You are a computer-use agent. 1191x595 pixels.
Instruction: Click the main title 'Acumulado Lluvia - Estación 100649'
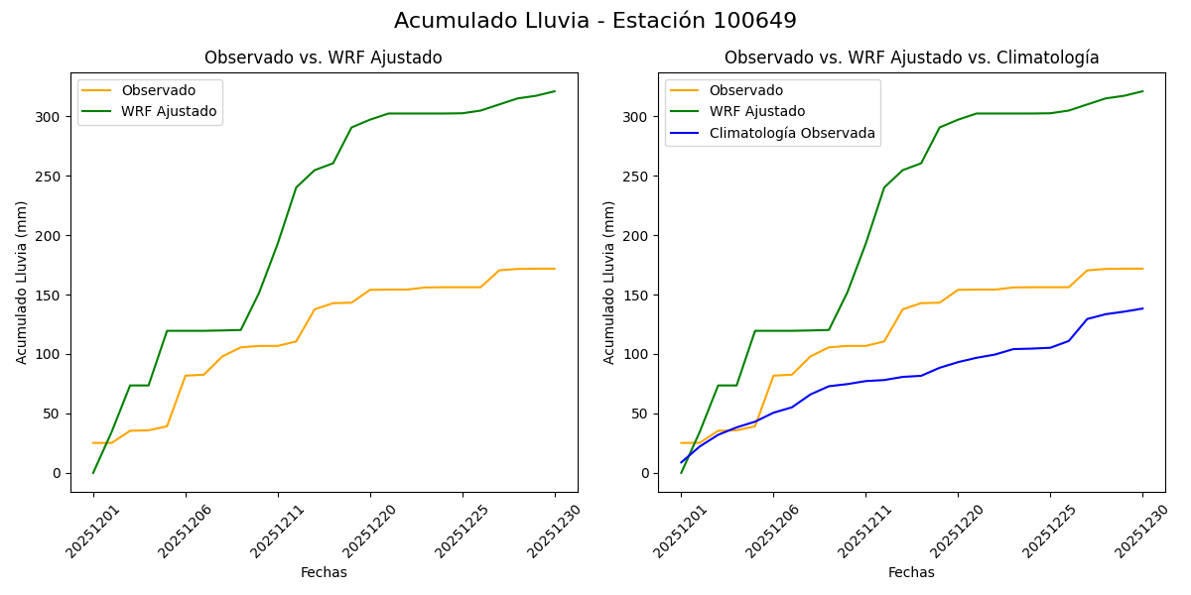click(x=595, y=21)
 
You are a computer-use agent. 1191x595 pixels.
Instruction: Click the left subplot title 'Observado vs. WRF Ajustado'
click(x=323, y=58)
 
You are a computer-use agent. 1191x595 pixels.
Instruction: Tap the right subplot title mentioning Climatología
click(x=911, y=58)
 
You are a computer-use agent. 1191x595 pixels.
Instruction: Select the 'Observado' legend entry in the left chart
click(x=158, y=90)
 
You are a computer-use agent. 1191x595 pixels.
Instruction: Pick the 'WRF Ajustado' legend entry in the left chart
click(x=169, y=111)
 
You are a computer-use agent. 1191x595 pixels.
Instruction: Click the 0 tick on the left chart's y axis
click(x=59, y=473)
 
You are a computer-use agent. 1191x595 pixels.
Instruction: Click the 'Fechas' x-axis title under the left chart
click(x=324, y=572)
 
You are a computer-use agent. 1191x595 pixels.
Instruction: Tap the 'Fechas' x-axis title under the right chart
click(x=911, y=572)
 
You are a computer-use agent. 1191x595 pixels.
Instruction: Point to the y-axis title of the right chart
click(x=609, y=282)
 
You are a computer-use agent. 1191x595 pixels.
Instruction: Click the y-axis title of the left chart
click(x=22, y=282)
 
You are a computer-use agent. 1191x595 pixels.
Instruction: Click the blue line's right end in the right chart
click(x=1142, y=308)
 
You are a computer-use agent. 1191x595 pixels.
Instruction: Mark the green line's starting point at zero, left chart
click(x=93, y=472)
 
